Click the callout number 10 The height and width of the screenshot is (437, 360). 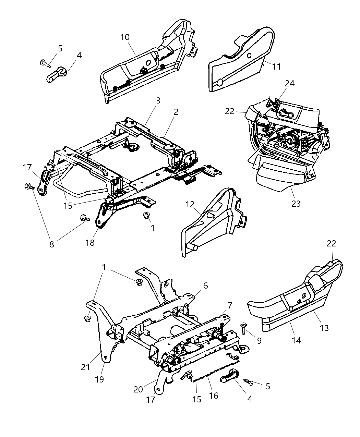pos(125,37)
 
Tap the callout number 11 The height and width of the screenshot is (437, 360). pos(276,66)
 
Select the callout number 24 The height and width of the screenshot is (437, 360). pos(289,83)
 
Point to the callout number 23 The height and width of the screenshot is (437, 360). pos(296,204)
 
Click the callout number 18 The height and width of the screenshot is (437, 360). pos(90,243)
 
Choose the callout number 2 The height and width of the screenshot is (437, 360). pos(176,112)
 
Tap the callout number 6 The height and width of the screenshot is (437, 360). pos(205,286)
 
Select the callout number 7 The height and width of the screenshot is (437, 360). pos(230,305)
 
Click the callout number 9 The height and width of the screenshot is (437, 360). pos(259,341)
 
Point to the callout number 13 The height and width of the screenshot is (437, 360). pos(324,328)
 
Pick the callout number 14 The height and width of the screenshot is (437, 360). pos(296,340)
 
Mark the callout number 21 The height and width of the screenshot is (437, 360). pos(85,367)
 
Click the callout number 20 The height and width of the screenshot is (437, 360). pos(138,390)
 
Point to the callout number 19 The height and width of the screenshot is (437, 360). pos(99,379)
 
